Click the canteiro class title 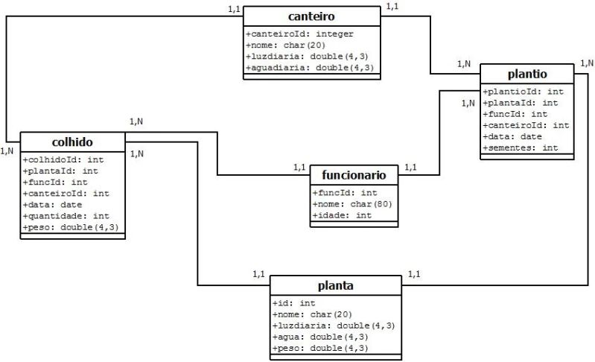click(x=311, y=16)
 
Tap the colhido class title click(x=72, y=142)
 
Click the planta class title click(x=335, y=285)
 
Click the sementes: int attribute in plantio click(x=521, y=148)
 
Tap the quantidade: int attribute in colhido click(x=66, y=216)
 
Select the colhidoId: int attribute click(x=62, y=159)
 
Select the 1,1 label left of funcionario click(x=300, y=167)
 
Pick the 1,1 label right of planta click(x=413, y=274)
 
